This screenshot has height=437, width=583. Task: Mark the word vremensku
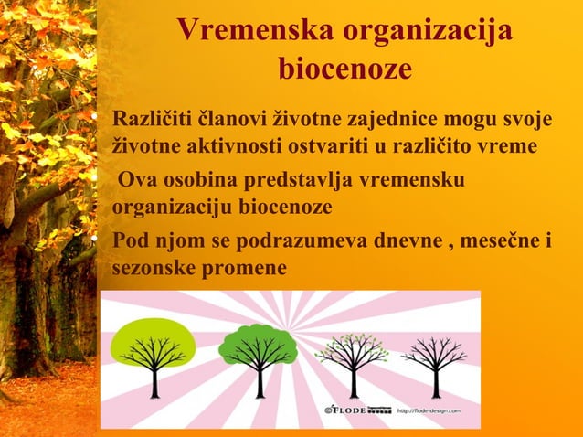[x=415, y=179]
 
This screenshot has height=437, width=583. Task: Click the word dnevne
[x=405, y=242]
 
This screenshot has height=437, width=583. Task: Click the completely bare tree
[x=434, y=357]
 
